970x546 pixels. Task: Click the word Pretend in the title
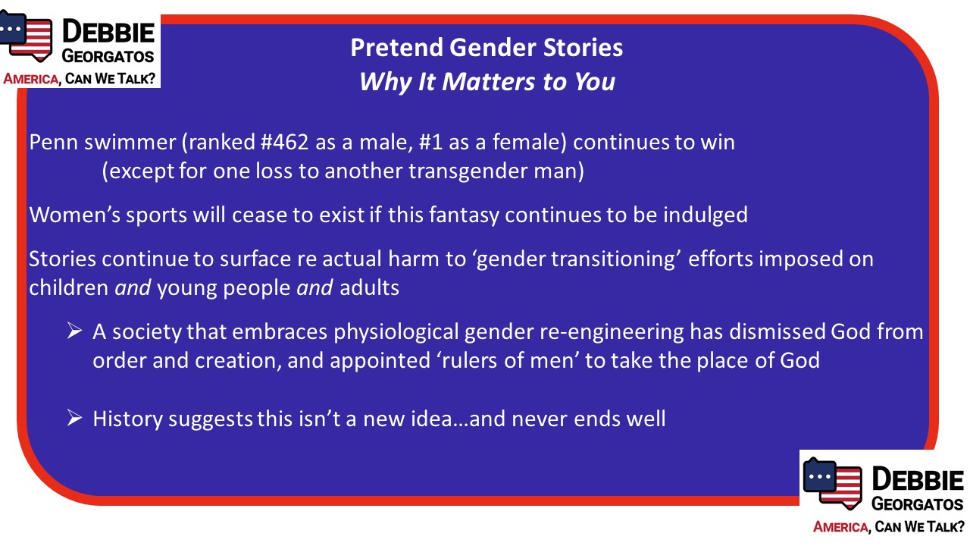coord(396,47)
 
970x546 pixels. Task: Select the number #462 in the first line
coord(284,142)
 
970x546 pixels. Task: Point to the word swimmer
coord(130,142)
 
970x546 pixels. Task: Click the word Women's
coord(74,215)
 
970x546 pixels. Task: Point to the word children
coord(68,287)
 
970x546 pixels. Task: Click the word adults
coord(369,287)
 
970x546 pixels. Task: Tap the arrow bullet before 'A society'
coord(74,331)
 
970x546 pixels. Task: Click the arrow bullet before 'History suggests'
coord(74,418)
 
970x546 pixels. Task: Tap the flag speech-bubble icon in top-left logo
coord(26,36)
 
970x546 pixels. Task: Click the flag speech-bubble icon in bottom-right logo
coord(832,483)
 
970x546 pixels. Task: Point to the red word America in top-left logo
coord(30,79)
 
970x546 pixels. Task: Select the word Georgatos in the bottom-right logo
coord(917,504)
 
